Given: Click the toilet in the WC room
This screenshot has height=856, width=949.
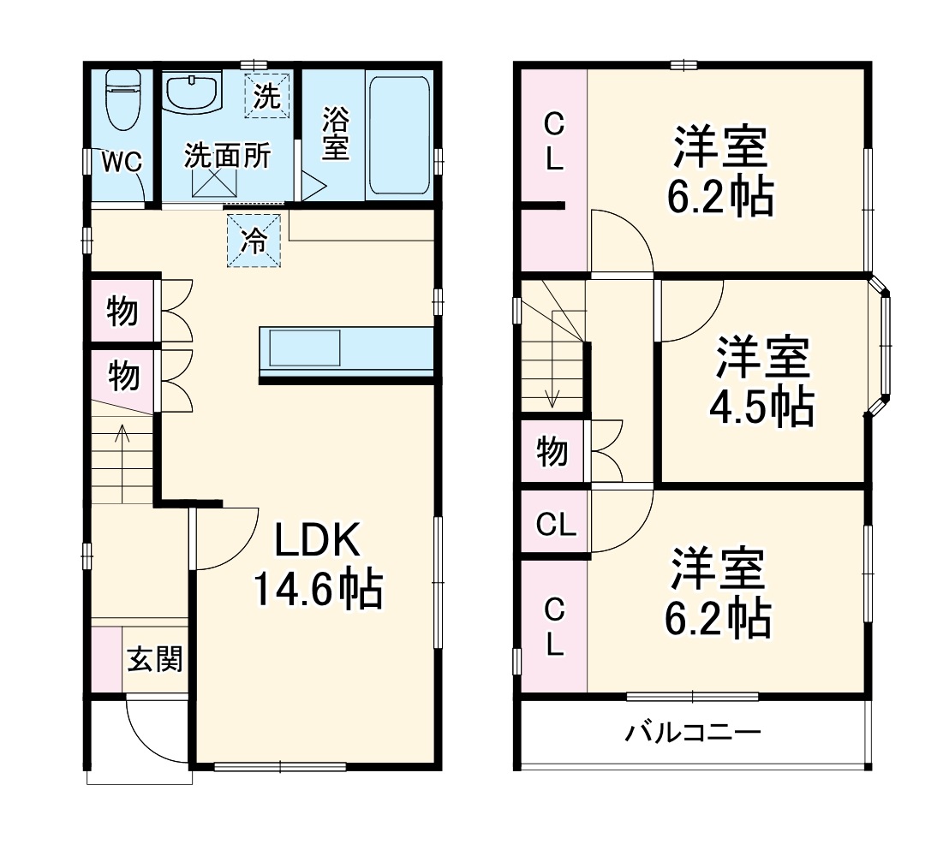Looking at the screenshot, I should [x=121, y=100].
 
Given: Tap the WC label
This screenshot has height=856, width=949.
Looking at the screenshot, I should [x=122, y=162].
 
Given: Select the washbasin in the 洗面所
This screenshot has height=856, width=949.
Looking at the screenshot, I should [x=192, y=92].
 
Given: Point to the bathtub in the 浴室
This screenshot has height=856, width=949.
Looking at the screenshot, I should [x=398, y=134].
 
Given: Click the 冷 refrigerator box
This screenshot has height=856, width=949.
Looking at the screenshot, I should [x=253, y=241].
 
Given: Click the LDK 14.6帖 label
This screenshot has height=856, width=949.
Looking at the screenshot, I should [x=318, y=565].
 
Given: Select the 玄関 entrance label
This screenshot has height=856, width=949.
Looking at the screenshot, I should [x=155, y=660].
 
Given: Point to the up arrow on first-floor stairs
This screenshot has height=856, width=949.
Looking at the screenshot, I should [x=122, y=445].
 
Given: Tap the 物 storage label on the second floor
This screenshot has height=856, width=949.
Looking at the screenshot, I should [x=552, y=451].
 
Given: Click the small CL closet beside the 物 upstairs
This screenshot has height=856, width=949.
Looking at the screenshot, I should [x=555, y=525].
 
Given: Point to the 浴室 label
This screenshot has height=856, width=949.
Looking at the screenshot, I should [x=335, y=134].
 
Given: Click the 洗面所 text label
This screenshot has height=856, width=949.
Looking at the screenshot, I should [x=228, y=157].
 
